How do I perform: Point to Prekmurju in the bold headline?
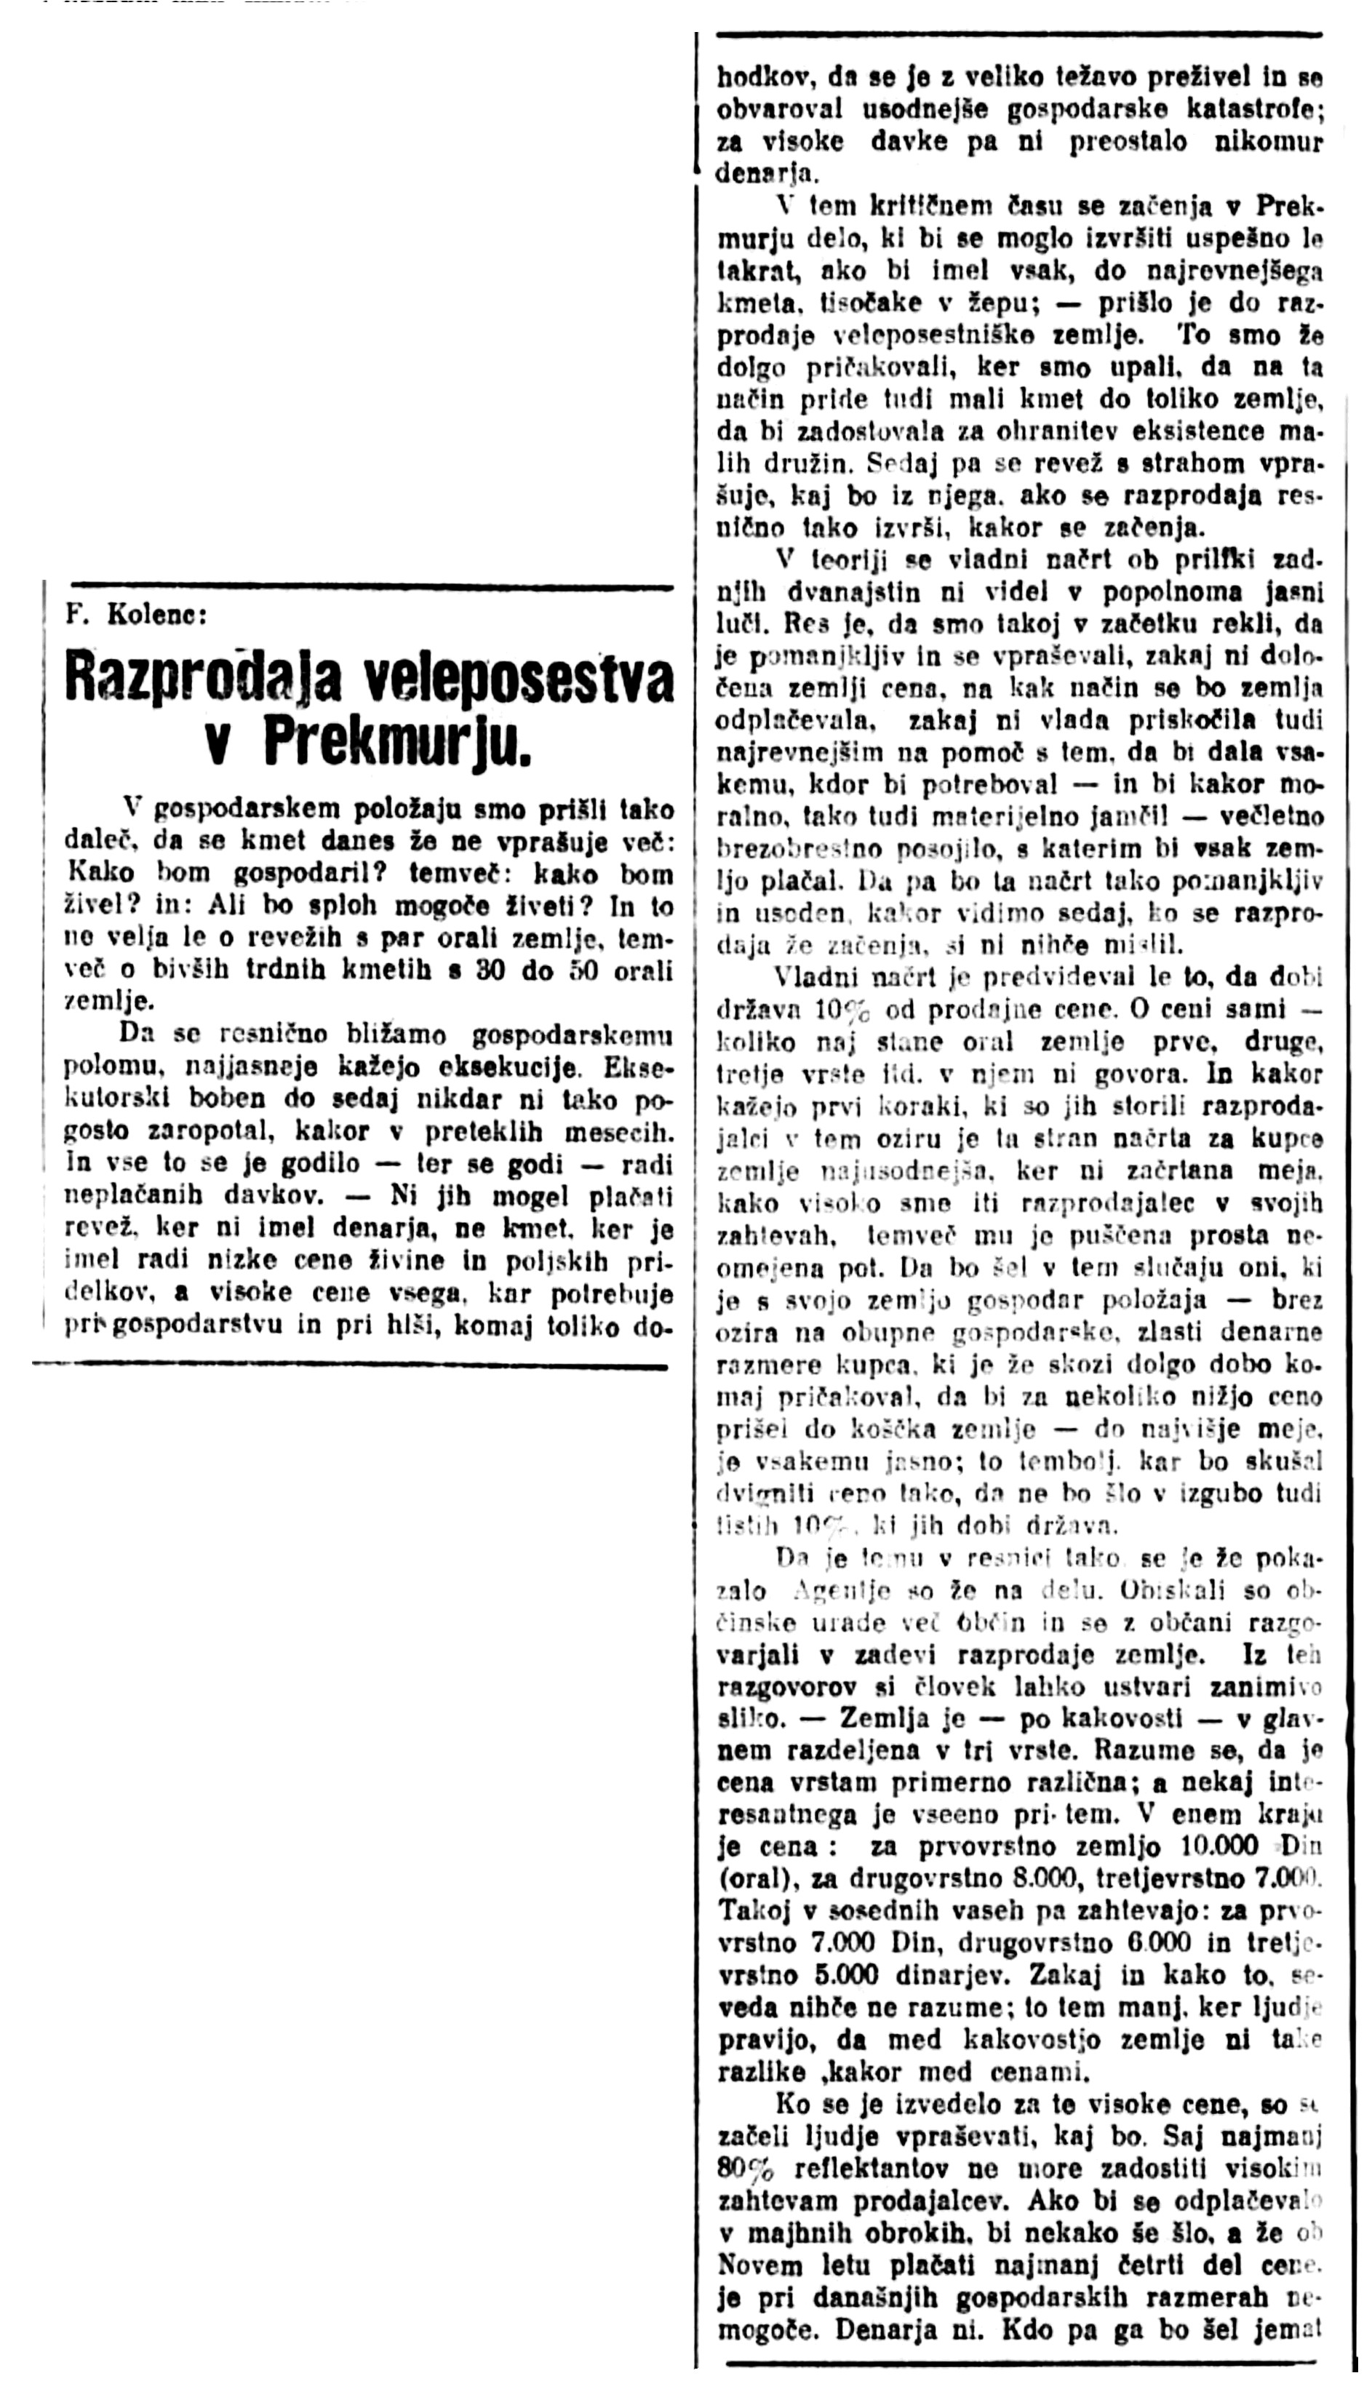[x=396, y=745]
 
